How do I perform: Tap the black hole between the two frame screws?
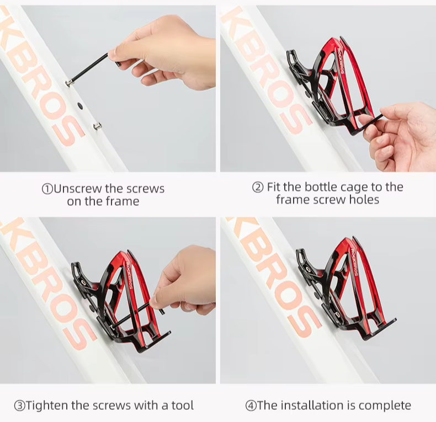81,106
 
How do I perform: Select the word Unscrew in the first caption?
77,189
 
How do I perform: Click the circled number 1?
47,189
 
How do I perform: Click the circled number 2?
258,187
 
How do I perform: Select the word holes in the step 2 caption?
364,199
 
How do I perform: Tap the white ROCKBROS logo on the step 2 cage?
341,61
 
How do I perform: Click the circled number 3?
19,405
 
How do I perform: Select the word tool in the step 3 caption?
183,405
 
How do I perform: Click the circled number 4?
251,405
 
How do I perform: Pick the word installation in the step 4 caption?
315,405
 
